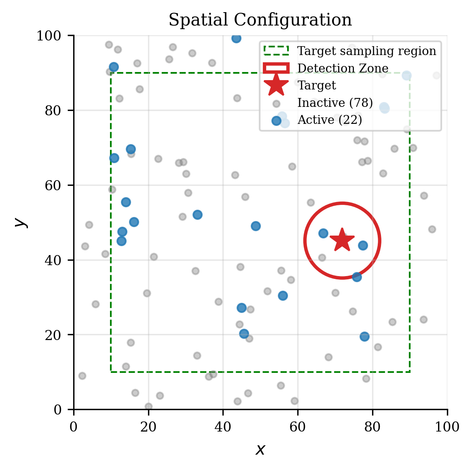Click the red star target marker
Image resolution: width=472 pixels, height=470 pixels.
coord(342,240)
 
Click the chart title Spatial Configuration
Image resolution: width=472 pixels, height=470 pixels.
coord(260,20)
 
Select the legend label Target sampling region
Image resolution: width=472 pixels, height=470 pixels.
coord(366,51)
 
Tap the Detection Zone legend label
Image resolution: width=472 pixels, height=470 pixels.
coord(343,68)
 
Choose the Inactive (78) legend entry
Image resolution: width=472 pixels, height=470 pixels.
coord(335,103)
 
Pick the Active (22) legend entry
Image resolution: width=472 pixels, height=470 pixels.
coord(330,120)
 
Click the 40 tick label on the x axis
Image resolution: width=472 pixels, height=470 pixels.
coord(223,427)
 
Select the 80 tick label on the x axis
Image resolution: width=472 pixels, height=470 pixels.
coord(372,427)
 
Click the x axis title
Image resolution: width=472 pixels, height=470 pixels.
coord(260,449)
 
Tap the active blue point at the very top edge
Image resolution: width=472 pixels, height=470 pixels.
coord(236,38)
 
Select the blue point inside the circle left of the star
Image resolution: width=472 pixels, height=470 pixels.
coord(323,233)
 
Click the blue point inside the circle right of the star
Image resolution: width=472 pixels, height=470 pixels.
coord(363,245)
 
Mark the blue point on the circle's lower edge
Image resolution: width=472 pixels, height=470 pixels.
coord(357,277)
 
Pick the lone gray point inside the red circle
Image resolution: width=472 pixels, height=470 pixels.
coord(322,257)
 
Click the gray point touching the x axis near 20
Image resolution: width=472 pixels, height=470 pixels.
coord(148,406)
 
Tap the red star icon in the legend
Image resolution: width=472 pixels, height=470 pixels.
coord(276,85)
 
